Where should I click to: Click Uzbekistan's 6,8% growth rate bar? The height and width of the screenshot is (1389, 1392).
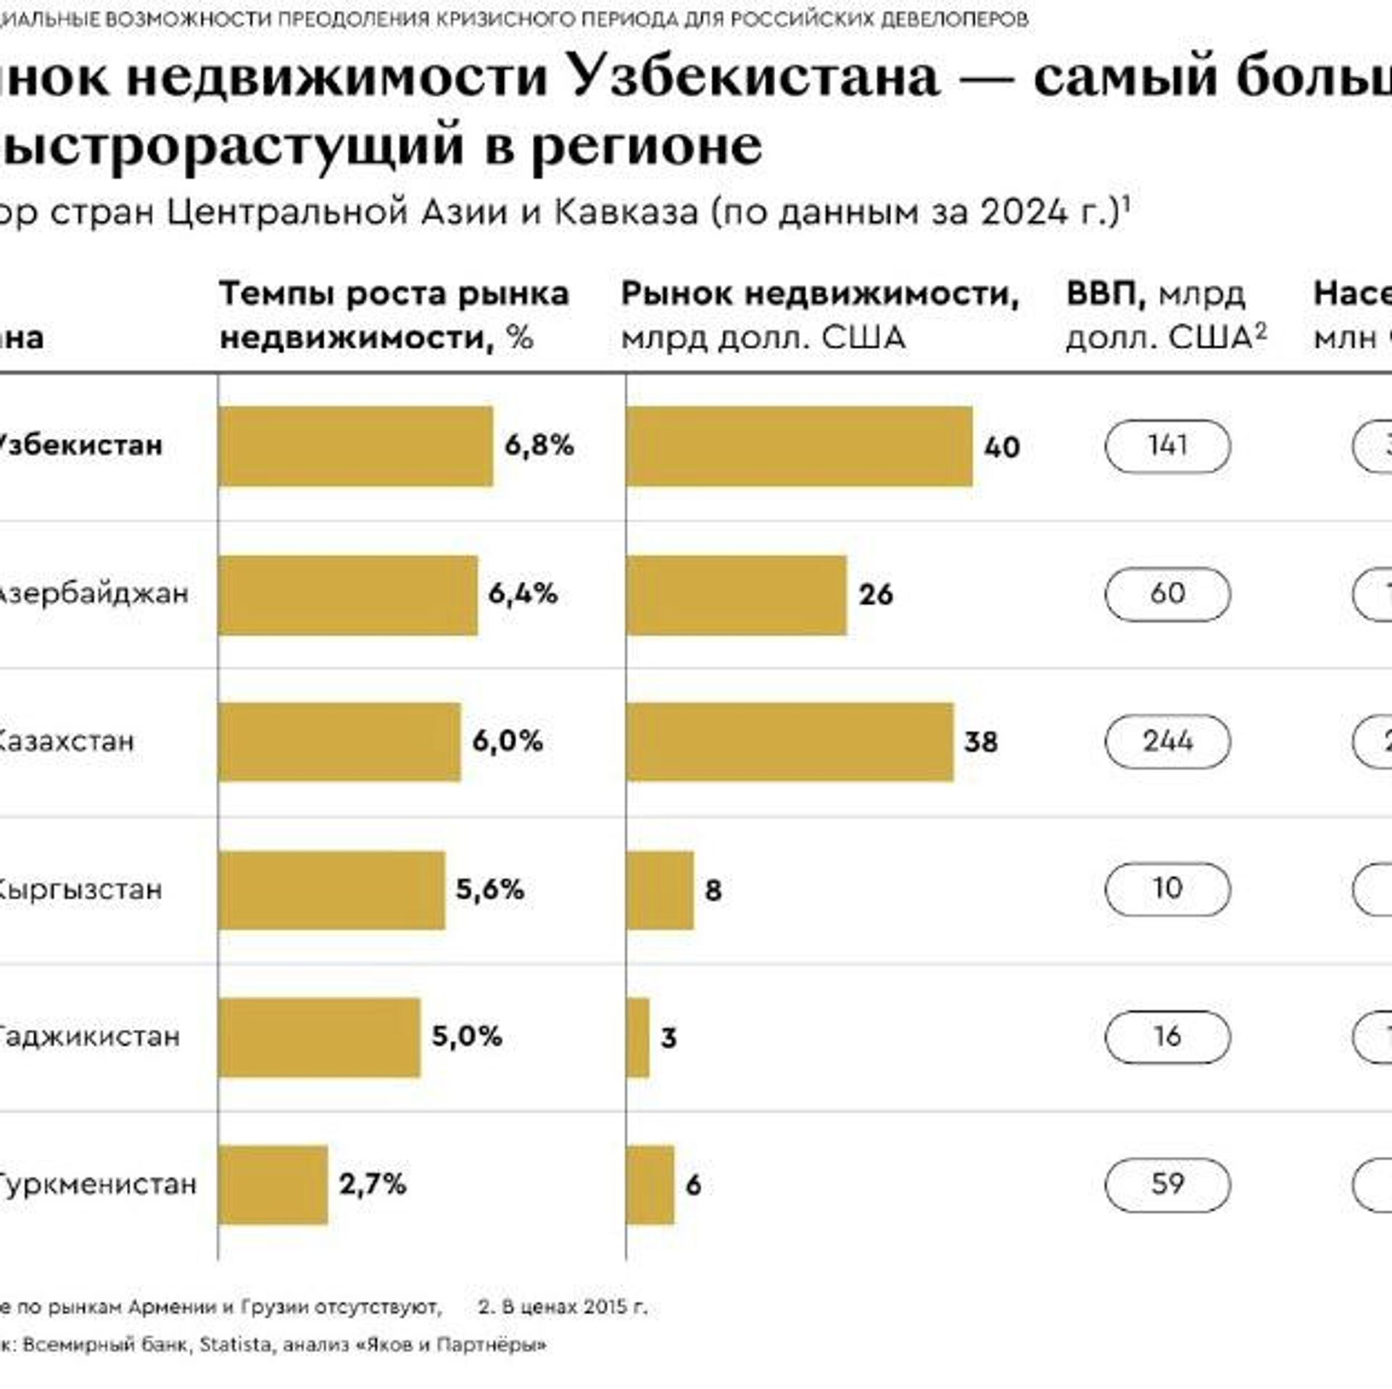click(x=355, y=446)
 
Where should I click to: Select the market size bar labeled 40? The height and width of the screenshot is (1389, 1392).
click(x=799, y=446)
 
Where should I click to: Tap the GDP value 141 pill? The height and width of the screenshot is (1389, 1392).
click(x=1167, y=446)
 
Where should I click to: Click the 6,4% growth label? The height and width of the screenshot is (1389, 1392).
click(x=523, y=594)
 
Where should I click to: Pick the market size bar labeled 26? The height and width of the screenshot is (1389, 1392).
click(x=736, y=595)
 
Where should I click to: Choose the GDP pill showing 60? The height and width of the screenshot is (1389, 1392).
click(x=1167, y=594)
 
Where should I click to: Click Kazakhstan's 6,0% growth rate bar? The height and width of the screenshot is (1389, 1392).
click(x=339, y=742)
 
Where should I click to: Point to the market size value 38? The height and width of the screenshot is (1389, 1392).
click(x=980, y=742)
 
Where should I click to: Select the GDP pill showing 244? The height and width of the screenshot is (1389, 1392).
click(x=1167, y=742)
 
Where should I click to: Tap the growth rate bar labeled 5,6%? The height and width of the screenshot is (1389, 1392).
click(x=331, y=890)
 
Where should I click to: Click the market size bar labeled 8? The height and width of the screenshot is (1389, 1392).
click(x=660, y=890)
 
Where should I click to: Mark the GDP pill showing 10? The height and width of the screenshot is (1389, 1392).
click(x=1167, y=889)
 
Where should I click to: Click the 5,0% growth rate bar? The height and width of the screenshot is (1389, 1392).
click(x=319, y=1037)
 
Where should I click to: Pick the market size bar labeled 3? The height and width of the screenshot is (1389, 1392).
click(x=637, y=1037)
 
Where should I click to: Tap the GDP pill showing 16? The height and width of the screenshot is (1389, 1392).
click(x=1167, y=1037)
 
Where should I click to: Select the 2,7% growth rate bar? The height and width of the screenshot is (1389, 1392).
click(x=273, y=1185)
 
